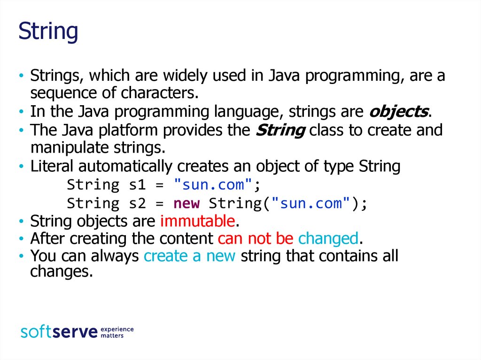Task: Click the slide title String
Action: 48,31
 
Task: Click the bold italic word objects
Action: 398,112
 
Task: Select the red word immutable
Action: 198,221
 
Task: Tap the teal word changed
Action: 328,239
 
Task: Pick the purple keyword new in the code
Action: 186,203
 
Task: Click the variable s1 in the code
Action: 137,185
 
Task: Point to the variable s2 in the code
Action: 137,203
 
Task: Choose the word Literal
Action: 52,166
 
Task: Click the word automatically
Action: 125,167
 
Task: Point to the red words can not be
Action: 256,238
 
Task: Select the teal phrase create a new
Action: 190,256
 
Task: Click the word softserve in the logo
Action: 59,332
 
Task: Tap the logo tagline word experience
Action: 117,329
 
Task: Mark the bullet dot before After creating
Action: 21,238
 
